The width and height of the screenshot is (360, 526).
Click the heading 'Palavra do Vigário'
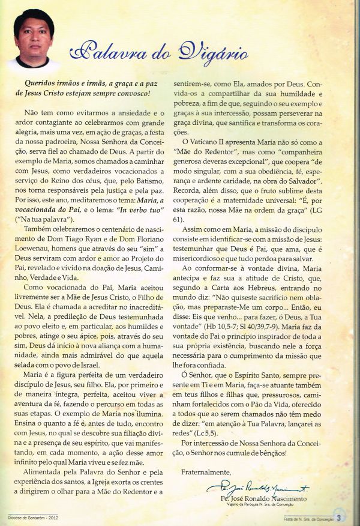[158, 55]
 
